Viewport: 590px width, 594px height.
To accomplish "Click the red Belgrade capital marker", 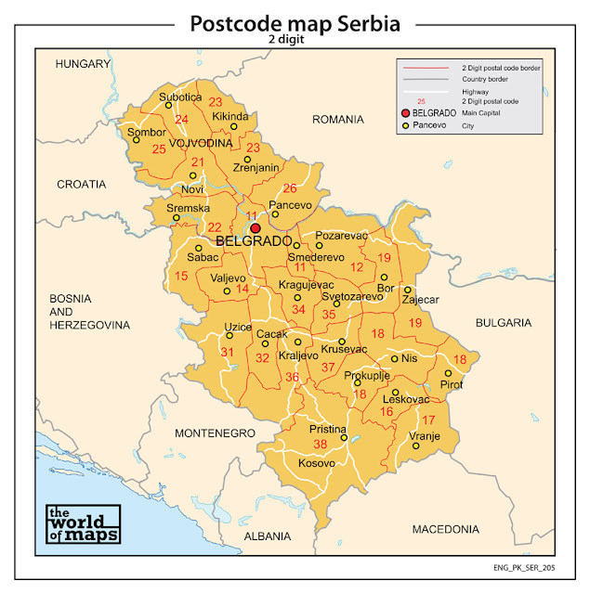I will pos(255,227).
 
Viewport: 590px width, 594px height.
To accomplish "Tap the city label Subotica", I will pos(179,97).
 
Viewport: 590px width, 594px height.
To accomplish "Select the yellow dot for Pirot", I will pos(448,373).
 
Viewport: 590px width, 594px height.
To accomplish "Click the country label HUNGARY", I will pos(83,64).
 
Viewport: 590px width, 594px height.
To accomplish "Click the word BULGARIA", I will pos(503,323).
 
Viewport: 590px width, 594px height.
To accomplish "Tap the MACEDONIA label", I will pos(445,528).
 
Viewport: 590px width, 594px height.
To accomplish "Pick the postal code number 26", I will pos(290,188).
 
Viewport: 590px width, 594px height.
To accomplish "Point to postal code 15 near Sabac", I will pos(181,277).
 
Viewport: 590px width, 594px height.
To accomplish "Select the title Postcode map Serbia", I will pos(295,23).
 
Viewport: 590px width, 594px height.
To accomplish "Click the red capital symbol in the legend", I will pos(405,112).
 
